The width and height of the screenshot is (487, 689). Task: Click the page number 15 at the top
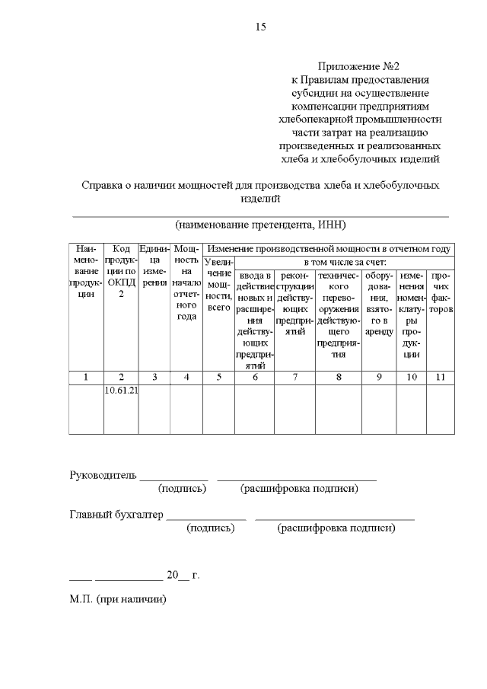(x=260, y=27)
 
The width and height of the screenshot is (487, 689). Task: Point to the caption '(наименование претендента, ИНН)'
(x=259, y=225)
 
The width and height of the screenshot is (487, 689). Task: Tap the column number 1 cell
(x=86, y=376)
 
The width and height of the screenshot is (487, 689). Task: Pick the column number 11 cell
(x=440, y=376)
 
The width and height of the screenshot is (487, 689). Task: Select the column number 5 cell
(x=218, y=376)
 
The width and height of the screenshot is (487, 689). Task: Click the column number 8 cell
(x=339, y=376)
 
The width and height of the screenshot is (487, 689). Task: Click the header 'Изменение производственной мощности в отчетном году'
(x=329, y=249)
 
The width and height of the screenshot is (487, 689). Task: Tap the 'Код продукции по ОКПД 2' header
(x=121, y=271)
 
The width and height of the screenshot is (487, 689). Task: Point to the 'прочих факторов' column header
(x=440, y=292)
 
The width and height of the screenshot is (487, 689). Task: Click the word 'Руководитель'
(x=103, y=476)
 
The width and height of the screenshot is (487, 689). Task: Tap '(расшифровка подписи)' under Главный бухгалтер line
(x=336, y=528)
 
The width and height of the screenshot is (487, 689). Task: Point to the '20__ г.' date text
(x=183, y=574)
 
